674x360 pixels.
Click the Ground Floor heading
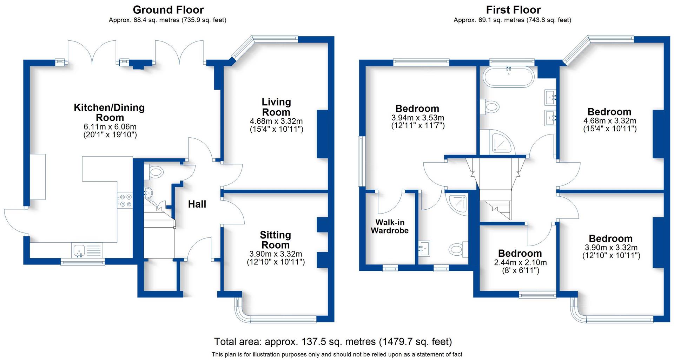click(x=168, y=9)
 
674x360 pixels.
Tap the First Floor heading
click(x=513, y=9)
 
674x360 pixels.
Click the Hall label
click(x=197, y=204)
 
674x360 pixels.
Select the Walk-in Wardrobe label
click(x=390, y=227)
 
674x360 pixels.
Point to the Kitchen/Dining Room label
click(x=109, y=112)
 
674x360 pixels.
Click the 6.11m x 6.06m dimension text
click(x=110, y=127)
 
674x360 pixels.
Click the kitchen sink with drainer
click(x=87, y=250)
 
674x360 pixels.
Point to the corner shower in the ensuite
click(x=458, y=204)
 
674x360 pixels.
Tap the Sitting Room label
click(x=275, y=240)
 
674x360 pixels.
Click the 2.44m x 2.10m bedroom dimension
click(x=520, y=262)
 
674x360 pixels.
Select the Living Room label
click(x=276, y=107)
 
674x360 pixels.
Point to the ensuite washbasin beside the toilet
click(x=424, y=248)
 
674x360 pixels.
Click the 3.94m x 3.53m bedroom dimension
click(x=418, y=118)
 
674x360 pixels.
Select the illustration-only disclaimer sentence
click(x=337, y=354)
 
